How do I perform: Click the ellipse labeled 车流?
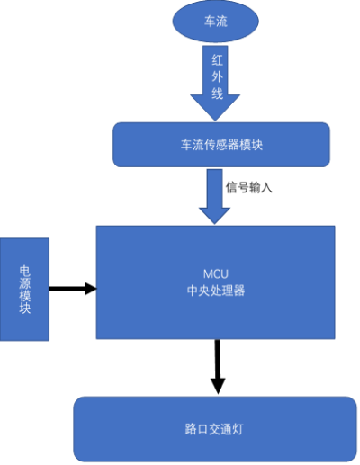point(215,21)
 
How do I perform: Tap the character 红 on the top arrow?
point(218,60)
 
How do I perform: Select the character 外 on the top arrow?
point(218,76)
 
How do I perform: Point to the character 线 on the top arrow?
point(218,94)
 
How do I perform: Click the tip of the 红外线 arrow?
point(215,121)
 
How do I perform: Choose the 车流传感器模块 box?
point(221,145)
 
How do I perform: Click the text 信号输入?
point(249,188)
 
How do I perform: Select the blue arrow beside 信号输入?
point(215,196)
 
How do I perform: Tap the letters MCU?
point(216,274)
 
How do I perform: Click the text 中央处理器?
point(216,291)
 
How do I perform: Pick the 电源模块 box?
point(24,290)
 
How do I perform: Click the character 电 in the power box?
point(25,271)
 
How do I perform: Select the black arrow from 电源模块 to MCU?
point(73,289)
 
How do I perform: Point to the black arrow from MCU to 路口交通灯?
point(218,367)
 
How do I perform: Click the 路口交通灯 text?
point(214,429)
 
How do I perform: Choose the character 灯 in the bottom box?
point(238,429)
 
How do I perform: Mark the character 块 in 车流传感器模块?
point(256,145)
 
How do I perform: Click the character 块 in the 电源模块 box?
point(25,308)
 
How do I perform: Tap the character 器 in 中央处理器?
point(239,291)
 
